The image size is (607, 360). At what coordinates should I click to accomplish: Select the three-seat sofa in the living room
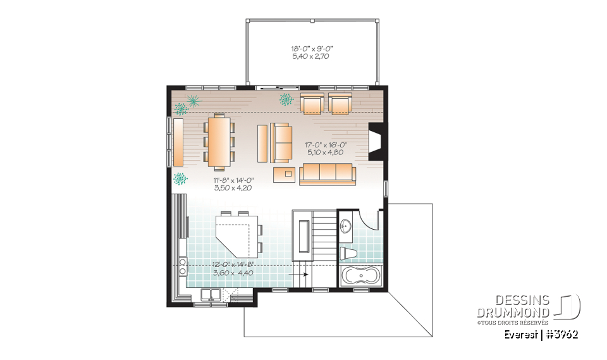(326, 173)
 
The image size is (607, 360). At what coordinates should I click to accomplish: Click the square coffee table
(288, 173)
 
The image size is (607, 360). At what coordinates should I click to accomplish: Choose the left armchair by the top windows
(311, 103)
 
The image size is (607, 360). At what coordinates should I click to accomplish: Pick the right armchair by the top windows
(340, 103)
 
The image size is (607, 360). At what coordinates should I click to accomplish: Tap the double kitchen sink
(211, 294)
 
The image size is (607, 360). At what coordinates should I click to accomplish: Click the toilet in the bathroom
(350, 254)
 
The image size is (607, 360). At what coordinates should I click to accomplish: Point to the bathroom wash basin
(345, 227)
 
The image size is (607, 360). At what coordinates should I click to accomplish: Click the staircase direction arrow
(305, 275)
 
